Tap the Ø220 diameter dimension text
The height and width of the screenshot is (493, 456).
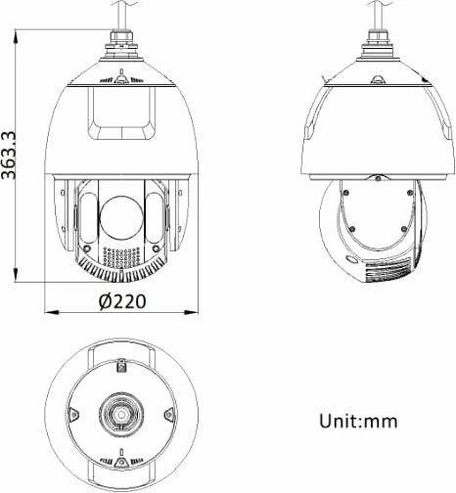pyautogui.click(x=121, y=301)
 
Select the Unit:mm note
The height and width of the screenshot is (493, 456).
pyautogui.click(x=358, y=422)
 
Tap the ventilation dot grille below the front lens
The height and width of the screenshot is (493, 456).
pyautogui.click(x=120, y=256)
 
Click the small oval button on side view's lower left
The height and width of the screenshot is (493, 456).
pyautogui.click(x=350, y=259)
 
